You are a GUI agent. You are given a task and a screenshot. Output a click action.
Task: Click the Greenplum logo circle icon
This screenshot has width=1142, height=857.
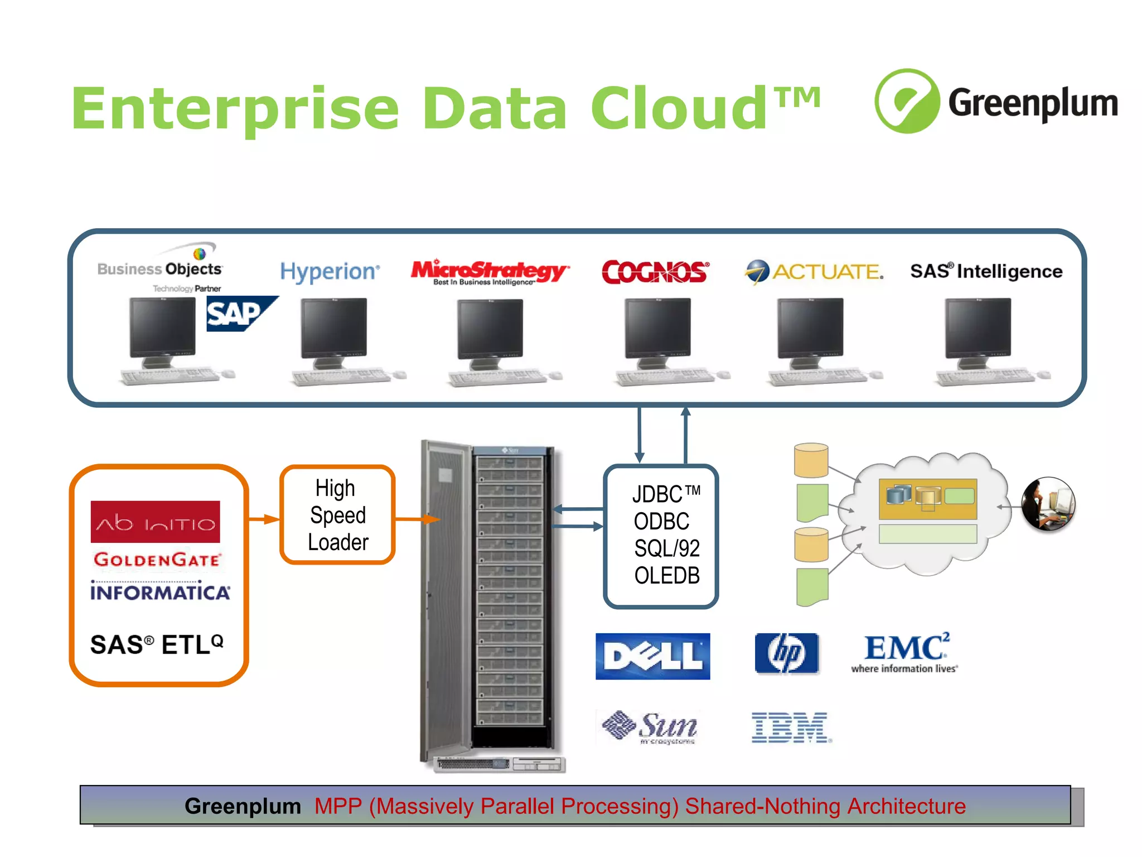click(907, 101)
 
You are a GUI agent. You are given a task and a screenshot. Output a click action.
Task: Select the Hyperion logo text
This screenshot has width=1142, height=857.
click(330, 272)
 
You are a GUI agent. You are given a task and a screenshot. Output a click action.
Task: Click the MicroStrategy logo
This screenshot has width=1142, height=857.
click(490, 272)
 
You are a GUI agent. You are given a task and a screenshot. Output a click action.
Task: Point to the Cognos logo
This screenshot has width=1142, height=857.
click(655, 272)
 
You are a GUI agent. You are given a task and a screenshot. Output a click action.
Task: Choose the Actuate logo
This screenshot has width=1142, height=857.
click(815, 272)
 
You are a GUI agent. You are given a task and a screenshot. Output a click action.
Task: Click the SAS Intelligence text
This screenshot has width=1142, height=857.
click(986, 271)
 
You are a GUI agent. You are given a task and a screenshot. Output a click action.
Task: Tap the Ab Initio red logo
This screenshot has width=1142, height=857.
click(156, 522)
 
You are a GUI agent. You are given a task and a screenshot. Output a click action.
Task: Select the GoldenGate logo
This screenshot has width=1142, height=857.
click(158, 560)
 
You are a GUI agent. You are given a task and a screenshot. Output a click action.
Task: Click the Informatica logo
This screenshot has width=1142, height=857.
click(160, 591)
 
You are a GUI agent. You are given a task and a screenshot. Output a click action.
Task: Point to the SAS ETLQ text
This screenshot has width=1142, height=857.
click(157, 644)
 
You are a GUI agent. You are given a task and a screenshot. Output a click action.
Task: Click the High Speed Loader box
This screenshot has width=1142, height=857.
click(338, 515)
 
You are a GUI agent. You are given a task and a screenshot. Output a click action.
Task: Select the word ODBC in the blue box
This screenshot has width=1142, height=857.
click(661, 521)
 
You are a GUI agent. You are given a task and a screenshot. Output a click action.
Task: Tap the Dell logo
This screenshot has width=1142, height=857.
click(652, 656)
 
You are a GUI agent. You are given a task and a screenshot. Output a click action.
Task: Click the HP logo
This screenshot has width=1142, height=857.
click(786, 653)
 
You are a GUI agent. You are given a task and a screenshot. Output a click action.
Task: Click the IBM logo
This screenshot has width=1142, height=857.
click(790, 728)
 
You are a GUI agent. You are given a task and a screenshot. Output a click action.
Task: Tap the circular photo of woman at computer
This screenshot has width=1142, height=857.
click(1048, 504)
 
